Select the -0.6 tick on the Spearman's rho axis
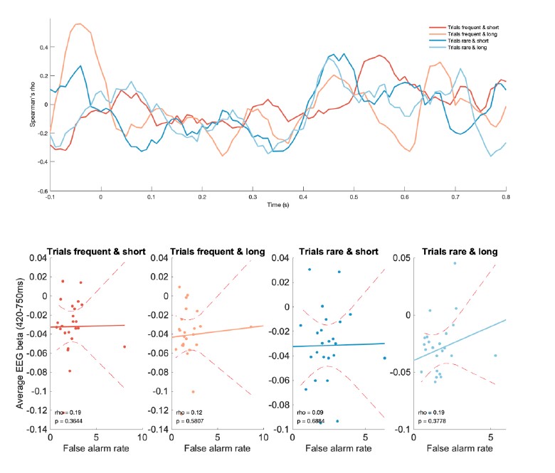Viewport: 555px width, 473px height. click(43, 191)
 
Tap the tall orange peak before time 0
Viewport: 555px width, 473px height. click(78, 24)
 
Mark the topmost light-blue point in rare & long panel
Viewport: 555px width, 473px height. click(455, 263)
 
